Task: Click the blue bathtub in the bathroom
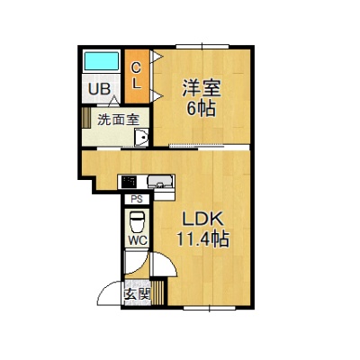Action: [101, 61]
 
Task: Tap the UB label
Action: [99, 89]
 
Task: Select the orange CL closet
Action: [137, 76]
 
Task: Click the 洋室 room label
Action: [202, 88]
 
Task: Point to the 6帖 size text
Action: [202, 108]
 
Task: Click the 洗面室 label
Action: [118, 120]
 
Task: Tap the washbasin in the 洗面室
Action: [141, 138]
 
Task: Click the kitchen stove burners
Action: [129, 182]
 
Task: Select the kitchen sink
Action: [160, 182]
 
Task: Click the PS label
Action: [137, 200]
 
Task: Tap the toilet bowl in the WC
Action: [137, 222]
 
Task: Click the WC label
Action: [138, 240]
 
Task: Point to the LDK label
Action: [203, 219]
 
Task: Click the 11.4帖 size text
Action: [202, 239]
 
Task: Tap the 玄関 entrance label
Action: [137, 294]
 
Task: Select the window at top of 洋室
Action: [202, 47]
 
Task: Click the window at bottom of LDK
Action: [210, 308]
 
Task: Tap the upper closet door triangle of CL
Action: [157, 57]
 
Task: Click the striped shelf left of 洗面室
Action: [86, 117]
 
